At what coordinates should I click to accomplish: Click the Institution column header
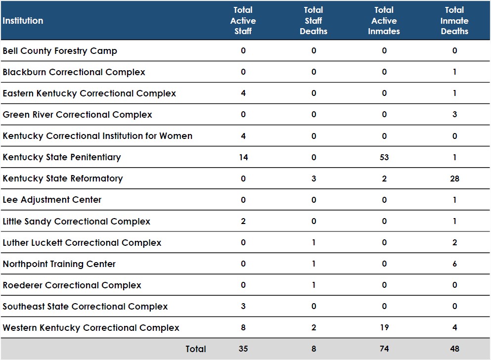pyautogui.click(x=23, y=21)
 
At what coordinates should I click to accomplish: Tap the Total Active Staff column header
pyautogui.click(x=243, y=21)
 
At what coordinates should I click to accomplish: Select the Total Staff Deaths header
pyautogui.click(x=313, y=21)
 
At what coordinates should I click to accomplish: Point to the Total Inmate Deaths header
pyautogui.click(x=454, y=21)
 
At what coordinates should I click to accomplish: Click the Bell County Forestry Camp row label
pyautogui.click(x=60, y=51)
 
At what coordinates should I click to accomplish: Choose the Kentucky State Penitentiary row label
pyautogui.click(x=62, y=157)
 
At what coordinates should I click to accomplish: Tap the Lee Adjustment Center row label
pyautogui.click(x=52, y=200)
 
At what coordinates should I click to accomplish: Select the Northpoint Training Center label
pyautogui.click(x=59, y=264)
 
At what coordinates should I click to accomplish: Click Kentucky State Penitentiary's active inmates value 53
pyautogui.click(x=384, y=157)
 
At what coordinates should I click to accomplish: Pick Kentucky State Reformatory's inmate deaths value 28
pyautogui.click(x=455, y=179)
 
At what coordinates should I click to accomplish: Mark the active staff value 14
pyautogui.click(x=243, y=157)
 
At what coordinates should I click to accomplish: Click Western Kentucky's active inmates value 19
pyautogui.click(x=384, y=327)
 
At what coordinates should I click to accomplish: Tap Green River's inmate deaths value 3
pyautogui.click(x=455, y=114)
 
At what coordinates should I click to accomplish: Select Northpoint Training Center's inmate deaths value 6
pyautogui.click(x=455, y=264)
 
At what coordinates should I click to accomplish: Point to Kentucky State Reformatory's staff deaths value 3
pyautogui.click(x=314, y=179)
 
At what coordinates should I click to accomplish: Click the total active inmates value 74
pyautogui.click(x=384, y=349)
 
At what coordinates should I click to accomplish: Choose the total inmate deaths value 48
pyautogui.click(x=455, y=349)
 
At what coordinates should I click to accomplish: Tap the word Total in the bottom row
pyautogui.click(x=196, y=349)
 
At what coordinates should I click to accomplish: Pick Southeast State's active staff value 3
pyautogui.click(x=243, y=306)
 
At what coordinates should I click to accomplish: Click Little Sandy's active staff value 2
pyautogui.click(x=243, y=221)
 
